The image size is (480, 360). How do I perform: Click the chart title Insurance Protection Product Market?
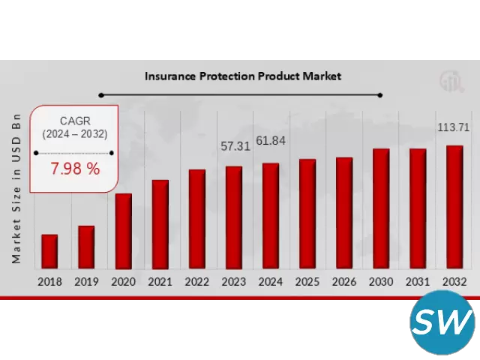pyautogui.click(x=242, y=76)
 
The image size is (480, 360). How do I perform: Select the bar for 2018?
pyautogui.click(x=49, y=251)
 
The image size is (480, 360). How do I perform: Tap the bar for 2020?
pyautogui.click(x=124, y=230)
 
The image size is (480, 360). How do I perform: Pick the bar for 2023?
pyautogui.click(x=234, y=217)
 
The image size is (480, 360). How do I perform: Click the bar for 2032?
pyautogui.click(x=454, y=206)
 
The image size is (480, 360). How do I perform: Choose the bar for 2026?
pyautogui.click(x=344, y=212)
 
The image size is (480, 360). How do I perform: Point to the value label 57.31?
pyautogui.click(x=235, y=147)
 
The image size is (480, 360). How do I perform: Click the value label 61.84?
pyautogui.click(x=271, y=141)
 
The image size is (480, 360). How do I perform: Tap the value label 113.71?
pyautogui.click(x=454, y=127)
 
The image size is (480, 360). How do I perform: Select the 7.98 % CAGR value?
pyautogui.click(x=75, y=169)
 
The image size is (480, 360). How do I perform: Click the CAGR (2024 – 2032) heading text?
pyautogui.click(x=74, y=127)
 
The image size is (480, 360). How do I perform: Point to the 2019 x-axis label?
pyautogui.click(x=86, y=282)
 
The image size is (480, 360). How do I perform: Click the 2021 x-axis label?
pyautogui.click(x=160, y=282)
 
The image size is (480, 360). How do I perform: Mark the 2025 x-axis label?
pyautogui.click(x=307, y=282)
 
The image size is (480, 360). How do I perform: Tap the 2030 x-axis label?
pyautogui.click(x=381, y=282)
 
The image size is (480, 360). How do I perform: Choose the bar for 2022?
pyautogui.click(x=197, y=218)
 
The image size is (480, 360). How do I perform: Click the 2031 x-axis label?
pyautogui.click(x=418, y=282)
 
